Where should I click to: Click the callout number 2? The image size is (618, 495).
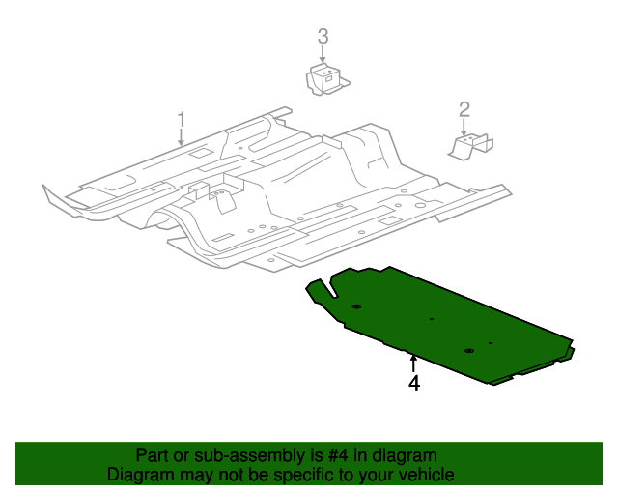click(464, 108)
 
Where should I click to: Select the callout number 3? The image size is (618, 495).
click(323, 37)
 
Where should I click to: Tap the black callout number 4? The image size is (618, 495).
click(413, 384)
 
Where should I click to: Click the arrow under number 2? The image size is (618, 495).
click(464, 127)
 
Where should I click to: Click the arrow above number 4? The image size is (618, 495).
click(413, 362)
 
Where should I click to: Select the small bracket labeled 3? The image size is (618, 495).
click(325, 78)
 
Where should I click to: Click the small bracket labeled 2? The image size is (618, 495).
click(470, 145)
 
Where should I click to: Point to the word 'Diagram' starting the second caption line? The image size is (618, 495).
click(140, 475)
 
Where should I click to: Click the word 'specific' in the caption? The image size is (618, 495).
click(306, 475)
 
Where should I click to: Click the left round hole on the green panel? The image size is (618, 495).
click(356, 306)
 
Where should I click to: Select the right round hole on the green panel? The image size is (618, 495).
click(468, 350)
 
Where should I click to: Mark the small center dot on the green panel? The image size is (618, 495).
click(431, 319)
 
